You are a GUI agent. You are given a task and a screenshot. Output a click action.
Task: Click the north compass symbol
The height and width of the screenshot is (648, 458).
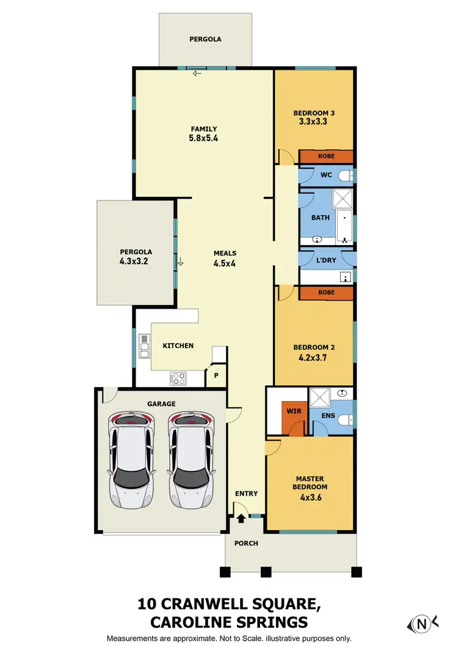(x=421, y=624)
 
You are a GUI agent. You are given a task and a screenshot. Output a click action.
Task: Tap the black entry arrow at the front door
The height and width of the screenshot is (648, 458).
(x=241, y=518)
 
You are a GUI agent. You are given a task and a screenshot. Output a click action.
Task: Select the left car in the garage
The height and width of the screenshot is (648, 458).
(x=131, y=459)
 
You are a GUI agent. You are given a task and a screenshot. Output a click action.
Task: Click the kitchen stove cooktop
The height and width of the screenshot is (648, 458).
(x=178, y=378)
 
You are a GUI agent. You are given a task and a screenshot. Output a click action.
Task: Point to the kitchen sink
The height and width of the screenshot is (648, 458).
(x=144, y=345)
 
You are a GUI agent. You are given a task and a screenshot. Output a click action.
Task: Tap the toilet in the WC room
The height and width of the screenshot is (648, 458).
(x=346, y=176)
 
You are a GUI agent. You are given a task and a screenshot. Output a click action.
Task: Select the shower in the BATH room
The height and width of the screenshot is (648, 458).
(x=343, y=199)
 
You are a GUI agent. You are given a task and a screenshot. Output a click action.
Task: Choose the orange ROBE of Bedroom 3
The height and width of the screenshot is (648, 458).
(x=326, y=156)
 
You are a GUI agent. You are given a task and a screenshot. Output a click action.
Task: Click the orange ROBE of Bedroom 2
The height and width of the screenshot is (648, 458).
(x=326, y=293)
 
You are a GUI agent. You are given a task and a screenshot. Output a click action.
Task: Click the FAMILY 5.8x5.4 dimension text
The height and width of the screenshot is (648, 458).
(x=204, y=138)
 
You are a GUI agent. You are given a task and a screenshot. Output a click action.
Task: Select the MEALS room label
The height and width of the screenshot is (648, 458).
(x=225, y=253)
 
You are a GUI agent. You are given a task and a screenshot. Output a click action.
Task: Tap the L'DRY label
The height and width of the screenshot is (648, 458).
(x=326, y=260)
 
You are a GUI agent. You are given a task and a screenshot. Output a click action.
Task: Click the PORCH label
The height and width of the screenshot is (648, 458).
(x=246, y=543)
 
